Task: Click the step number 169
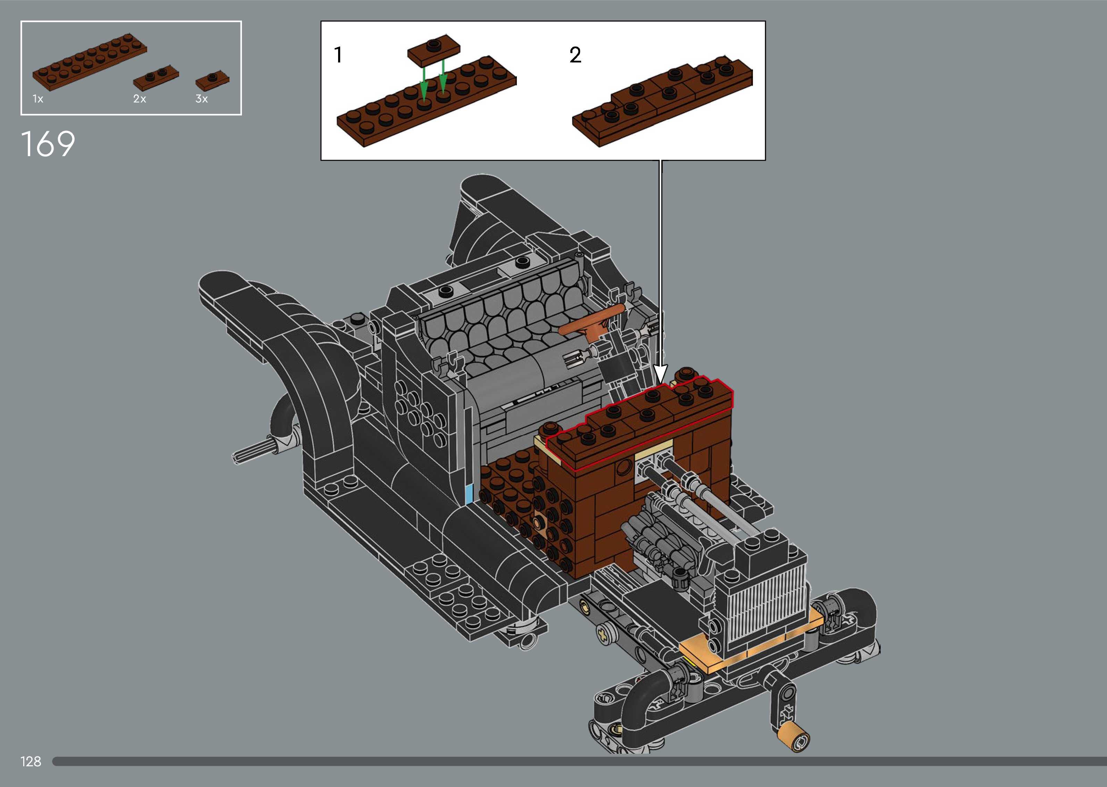48,144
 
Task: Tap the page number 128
31,761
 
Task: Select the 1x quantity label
38,99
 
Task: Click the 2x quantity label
140,99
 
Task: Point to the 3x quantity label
202,99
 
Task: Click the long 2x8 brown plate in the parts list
90,62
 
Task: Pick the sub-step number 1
338,55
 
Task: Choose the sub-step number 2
575,55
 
